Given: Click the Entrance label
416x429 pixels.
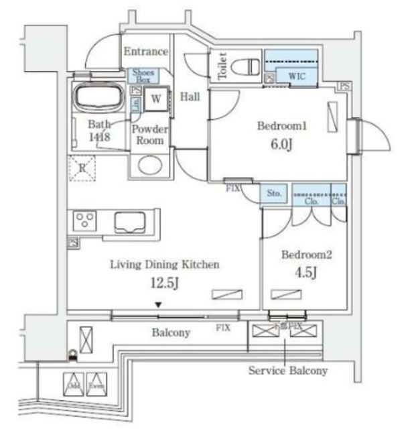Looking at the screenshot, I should pyautogui.click(x=145, y=52).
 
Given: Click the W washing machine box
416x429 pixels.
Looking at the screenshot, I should pyautogui.click(x=155, y=98).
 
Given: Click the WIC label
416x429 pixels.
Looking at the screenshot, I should pyautogui.click(x=297, y=76).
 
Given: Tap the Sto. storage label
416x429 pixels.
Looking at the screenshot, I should pyautogui.click(x=274, y=193).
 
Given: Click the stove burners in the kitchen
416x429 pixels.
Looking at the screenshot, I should pyautogui.click(x=85, y=220).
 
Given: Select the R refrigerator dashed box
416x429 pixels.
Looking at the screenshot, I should pyautogui.click(x=82, y=168).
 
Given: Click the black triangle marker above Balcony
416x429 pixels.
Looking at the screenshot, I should pyautogui.click(x=158, y=306).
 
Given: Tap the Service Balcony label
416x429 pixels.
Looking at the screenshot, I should pyautogui.click(x=288, y=370).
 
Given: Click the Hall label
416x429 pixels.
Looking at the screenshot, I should pyautogui.click(x=190, y=97).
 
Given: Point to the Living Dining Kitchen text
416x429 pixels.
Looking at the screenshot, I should pyautogui.click(x=164, y=265).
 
